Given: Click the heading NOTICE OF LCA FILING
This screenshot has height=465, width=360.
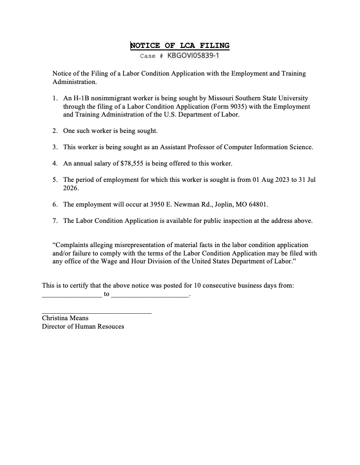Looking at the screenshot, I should coord(180,46).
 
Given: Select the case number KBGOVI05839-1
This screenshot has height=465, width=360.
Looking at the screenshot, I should coord(193,56).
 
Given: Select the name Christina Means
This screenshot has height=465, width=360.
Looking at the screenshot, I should coord(65,318).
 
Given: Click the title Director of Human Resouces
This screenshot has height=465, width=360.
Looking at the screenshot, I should coord(83,327).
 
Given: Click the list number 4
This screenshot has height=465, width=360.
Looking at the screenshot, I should coord(55,163).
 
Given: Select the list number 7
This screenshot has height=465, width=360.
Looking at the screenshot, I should coord(55,220).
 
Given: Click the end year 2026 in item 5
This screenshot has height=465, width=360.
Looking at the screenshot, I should coord(71,188).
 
